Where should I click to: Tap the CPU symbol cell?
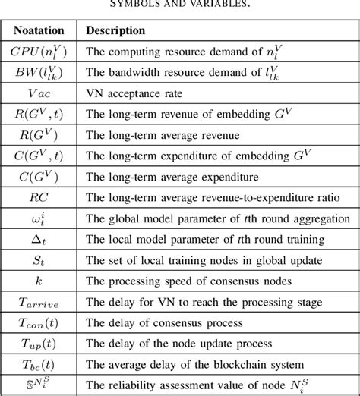(42, 53)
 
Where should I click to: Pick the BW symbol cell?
(42, 75)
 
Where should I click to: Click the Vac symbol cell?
(42, 96)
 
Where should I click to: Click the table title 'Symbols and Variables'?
(179, 5)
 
